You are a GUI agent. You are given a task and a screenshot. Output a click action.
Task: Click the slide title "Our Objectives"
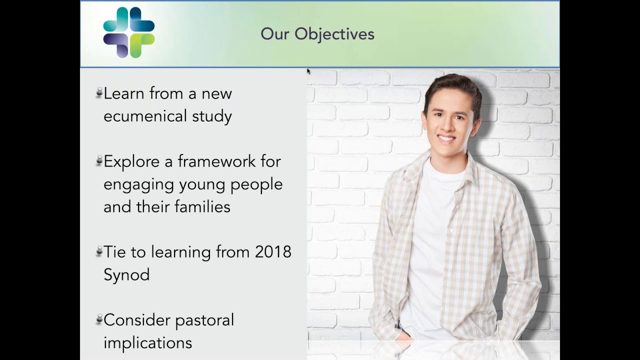317,34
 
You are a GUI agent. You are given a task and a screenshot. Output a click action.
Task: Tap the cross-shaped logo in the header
129,32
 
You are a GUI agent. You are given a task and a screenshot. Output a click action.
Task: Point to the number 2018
273,252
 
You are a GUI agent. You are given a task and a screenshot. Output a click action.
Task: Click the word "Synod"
126,275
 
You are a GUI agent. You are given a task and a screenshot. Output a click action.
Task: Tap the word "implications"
147,343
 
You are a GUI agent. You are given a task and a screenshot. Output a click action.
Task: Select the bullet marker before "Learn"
99,93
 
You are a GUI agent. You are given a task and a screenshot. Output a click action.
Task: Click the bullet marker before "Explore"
99,161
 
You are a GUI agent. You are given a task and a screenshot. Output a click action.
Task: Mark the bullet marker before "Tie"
99,251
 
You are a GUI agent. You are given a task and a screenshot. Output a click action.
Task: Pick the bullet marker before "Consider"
99,319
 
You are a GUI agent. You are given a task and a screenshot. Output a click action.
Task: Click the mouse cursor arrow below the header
308,71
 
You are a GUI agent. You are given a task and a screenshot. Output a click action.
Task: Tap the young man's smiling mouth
446,138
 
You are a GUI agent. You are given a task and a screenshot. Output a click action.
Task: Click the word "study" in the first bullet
212,116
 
